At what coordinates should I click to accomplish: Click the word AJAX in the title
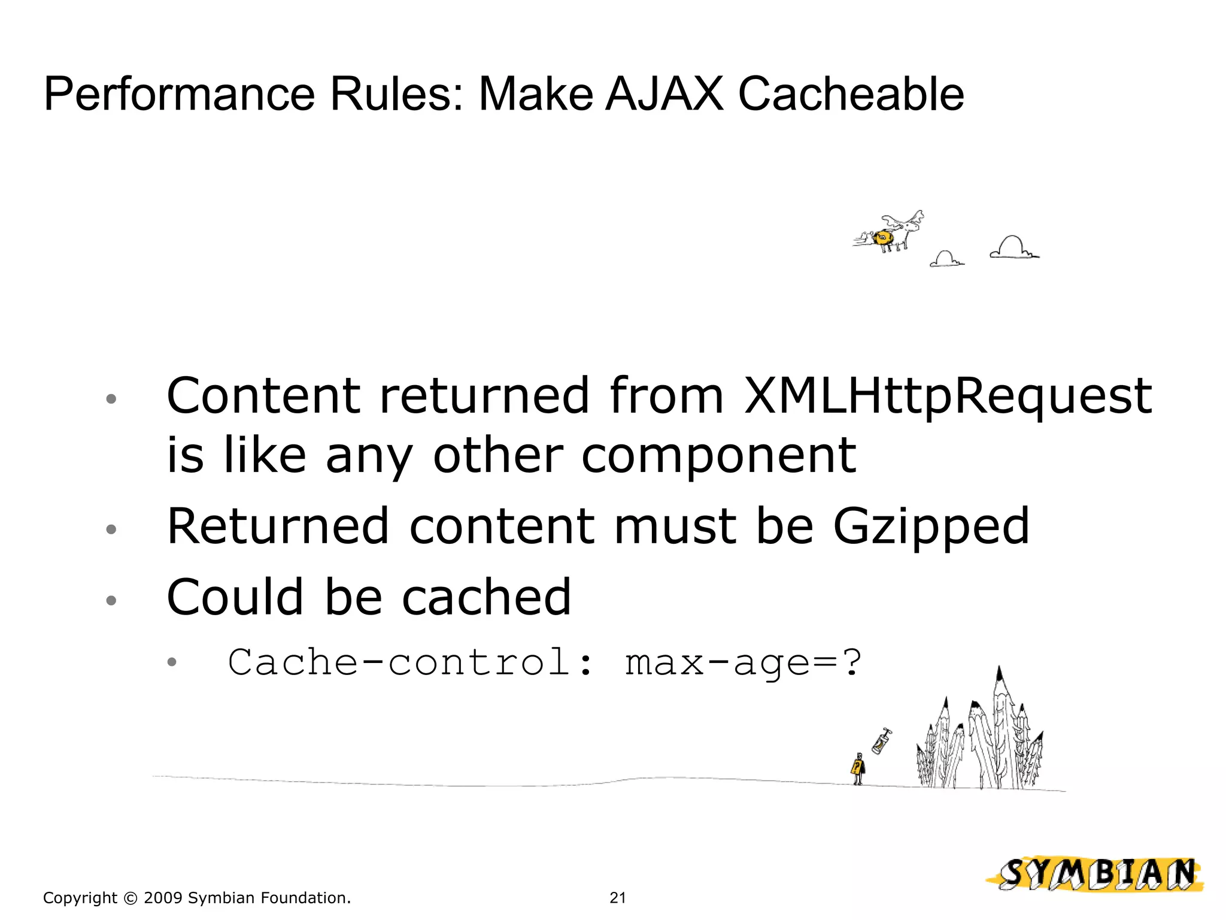tap(664, 94)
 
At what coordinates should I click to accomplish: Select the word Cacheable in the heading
tap(851, 94)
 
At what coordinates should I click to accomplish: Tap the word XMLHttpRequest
tap(947, 397)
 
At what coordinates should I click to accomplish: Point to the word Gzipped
tap(931, 527)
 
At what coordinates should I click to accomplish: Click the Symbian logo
tap(1096, 874)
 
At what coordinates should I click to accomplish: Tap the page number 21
tap(618, 898)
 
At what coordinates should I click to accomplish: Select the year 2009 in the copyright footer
tap(163, 898)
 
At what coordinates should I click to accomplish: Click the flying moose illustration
tap(892, 234)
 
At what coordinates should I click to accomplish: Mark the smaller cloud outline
tap(946, 259)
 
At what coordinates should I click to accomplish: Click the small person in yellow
tap(858, 769)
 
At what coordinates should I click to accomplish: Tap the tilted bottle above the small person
tap(881, 742)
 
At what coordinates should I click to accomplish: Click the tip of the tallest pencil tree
tap(999, 669)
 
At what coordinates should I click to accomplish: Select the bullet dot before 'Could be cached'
tap(111, 600)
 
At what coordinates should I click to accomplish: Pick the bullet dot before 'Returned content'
tap(111, 529)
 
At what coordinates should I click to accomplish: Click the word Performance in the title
tap(179, 94)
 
